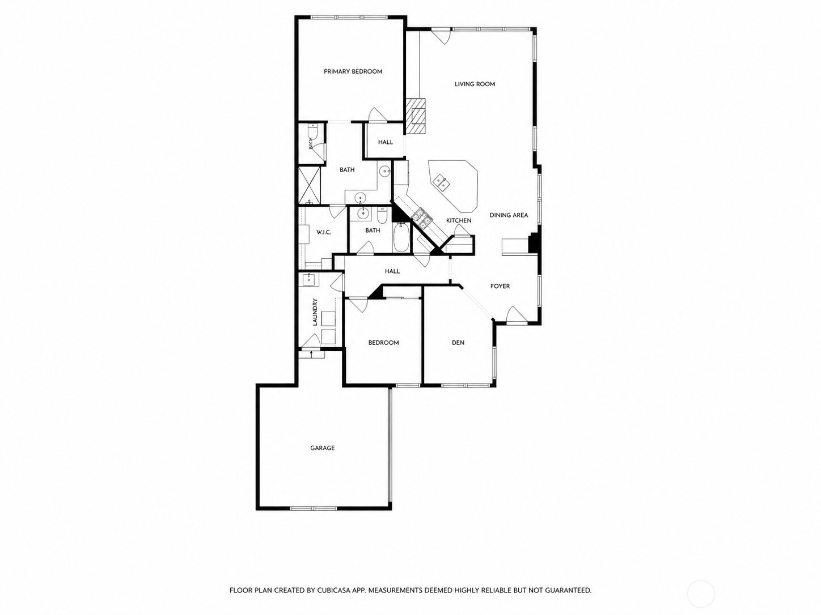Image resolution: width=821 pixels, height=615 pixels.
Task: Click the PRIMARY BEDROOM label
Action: pos(353,71)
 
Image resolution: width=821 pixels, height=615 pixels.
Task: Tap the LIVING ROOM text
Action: pos(475,84)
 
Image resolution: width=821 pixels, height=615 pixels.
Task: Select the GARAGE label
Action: pos(323,448)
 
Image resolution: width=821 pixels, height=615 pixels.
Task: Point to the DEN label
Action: pos(458,343)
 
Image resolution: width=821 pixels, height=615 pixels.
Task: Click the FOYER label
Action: pos(500,286)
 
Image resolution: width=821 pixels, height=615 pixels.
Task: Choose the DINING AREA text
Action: pos(509,215)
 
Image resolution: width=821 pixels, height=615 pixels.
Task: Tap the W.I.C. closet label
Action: pos(324,232)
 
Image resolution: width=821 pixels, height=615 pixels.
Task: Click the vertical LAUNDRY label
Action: pos(315,312)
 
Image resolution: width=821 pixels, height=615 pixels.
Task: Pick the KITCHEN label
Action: pos(459,220)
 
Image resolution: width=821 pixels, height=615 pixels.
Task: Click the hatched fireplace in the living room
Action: pos(416,116)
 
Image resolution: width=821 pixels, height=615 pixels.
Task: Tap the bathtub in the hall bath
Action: pos(401,237)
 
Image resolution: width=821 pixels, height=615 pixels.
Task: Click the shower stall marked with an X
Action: pos(310,186)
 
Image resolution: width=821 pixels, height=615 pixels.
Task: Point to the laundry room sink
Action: pos(309,279)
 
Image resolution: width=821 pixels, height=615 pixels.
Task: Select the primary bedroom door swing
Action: pos(377,114)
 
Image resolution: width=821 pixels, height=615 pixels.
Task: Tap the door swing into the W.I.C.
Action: pos(337,211)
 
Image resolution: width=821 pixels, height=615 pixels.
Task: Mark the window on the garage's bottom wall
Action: pos(314,508)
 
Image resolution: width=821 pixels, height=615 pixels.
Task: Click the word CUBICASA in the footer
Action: pos(335,580)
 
